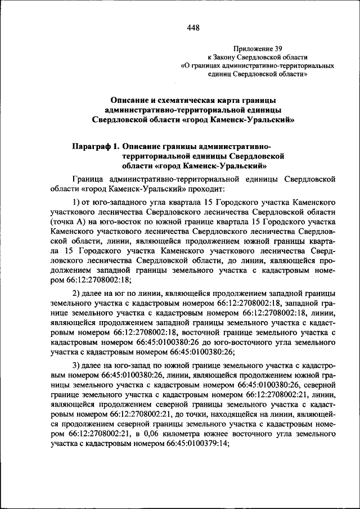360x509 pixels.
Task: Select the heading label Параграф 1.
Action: click(95, 146)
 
